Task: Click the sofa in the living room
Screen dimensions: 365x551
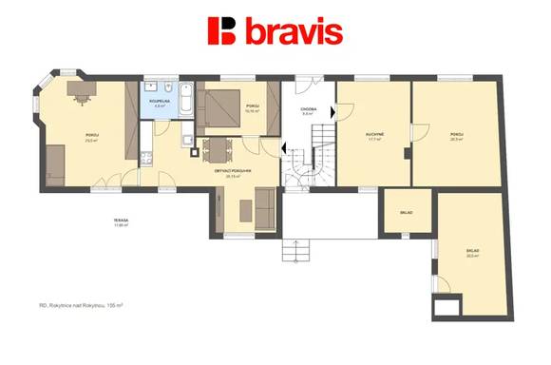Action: (263, 208)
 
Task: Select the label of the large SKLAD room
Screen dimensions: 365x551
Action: (472, 252)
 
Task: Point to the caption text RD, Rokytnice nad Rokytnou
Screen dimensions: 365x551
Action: (82, 306)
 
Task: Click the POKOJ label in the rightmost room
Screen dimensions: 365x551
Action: (457, 134)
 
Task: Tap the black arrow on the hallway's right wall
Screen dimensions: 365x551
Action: (332, 111)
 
